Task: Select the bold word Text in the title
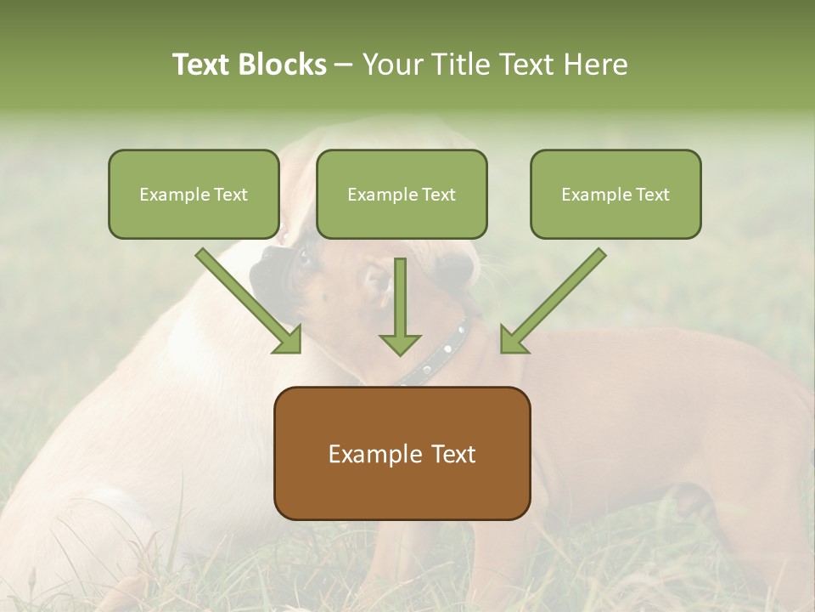(204, 65)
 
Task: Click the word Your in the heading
(393, 65)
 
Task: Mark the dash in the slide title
(344, 65)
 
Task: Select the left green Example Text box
(194, 194)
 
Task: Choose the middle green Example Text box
(402, 194)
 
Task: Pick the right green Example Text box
(615, 194)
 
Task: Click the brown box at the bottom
(402, 453)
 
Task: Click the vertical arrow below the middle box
(400, 302)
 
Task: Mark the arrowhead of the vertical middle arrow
(400, 343)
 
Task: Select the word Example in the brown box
(370, 454)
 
